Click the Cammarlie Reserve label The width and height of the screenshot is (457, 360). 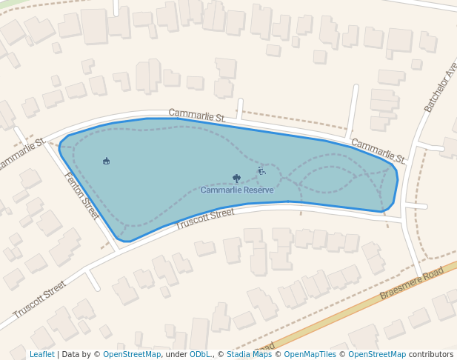coord(237,190)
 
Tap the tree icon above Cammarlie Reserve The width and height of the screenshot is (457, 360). coord(236,179)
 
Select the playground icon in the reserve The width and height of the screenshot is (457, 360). coord(261,171)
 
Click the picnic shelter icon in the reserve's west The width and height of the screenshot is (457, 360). coord(107,161)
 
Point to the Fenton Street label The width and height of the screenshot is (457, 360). coord(81,196)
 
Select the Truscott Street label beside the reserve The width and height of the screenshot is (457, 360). coord(204,219)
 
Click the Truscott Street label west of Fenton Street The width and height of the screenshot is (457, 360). coord(39,300)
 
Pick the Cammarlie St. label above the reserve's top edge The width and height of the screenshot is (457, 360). coord(197,115)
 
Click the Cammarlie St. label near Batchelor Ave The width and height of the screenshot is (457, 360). coord(378,150)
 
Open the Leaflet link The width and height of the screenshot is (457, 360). coord(42,354)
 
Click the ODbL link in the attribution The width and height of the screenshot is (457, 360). coord(201,354)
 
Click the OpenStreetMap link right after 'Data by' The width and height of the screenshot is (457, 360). coord(132,354)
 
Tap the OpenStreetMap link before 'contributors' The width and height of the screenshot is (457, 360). coord(377,354)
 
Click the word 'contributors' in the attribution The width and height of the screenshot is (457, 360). coord(431,354)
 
